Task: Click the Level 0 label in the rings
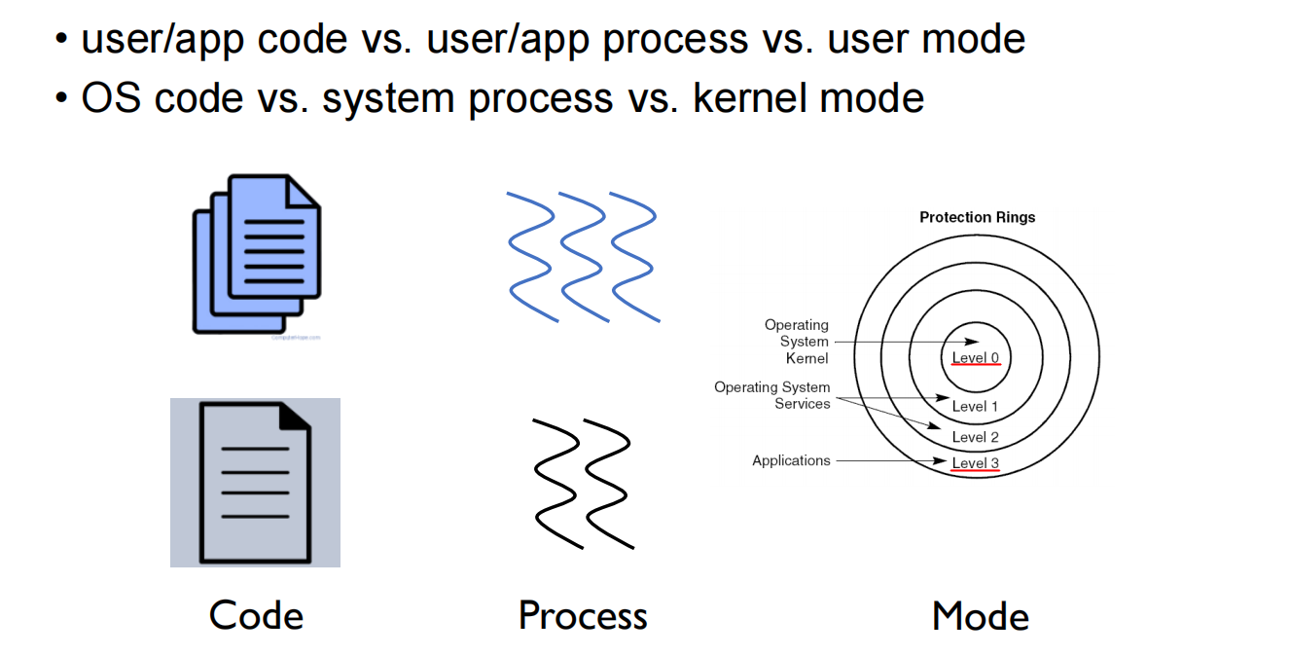tap(975, 357)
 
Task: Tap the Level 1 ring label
tap(975, 406)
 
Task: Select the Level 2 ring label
tap(975, 437)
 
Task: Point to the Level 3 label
tap(975, 463)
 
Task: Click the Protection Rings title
tap(977, 217)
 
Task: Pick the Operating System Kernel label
tap(798, 342)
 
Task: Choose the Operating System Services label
tap(773, 395)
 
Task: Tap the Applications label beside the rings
tap(791, 460)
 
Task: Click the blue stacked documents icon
tap(257, 255)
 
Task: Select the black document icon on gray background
tap(255, 483)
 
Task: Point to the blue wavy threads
tap(582, 255)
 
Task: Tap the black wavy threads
tap(582, 483)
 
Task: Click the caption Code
tap(256, 616)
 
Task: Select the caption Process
tap(582, 616)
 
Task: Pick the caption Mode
tap(980, 616)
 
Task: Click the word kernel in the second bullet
tap(749, 98)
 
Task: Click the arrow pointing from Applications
tap(890, 460)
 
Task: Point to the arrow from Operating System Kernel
tap(905, 342)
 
